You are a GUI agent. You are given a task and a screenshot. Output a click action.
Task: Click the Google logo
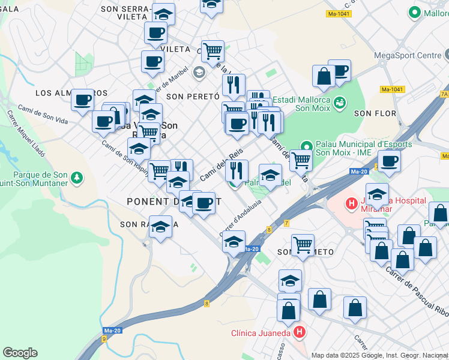[x=20, y=353]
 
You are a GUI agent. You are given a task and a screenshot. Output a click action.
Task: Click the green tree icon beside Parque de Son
[x=76, y=178]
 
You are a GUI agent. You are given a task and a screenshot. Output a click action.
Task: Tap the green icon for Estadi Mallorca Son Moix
[x=340, y=103]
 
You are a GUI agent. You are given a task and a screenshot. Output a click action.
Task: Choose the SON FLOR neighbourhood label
[x=375, y=113]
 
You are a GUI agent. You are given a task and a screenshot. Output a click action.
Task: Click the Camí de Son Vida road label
[x=42, y=114]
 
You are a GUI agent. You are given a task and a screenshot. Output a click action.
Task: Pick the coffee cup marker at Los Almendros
[x=82, y=100]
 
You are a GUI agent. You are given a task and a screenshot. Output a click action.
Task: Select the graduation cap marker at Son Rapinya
[x=160, y=227]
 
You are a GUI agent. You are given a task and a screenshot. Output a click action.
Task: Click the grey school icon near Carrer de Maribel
[x=199, y=73]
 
